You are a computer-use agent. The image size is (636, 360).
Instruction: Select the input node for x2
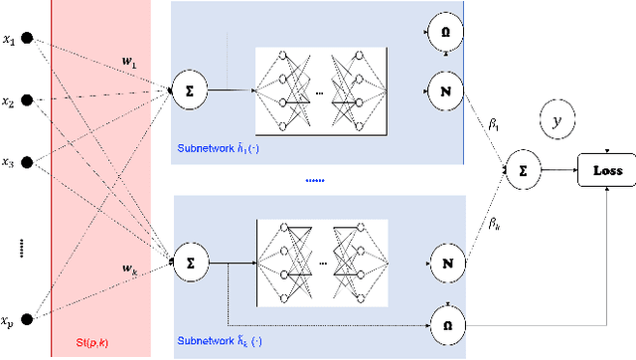point(29,100)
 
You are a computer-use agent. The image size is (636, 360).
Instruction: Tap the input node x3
point(29,162)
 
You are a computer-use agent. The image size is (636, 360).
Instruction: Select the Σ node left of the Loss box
point(523,170)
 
